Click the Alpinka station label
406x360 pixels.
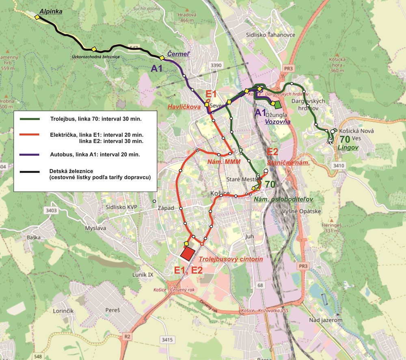coord(51,11)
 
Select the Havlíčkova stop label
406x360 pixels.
coord(184,107)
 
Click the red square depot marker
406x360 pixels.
coord(188,254)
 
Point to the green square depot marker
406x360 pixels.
coord(278,105)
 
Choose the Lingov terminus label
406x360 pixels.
coord(348,147)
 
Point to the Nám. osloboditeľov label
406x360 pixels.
coord(283,199)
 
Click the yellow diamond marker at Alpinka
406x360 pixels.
coord(37,17)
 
